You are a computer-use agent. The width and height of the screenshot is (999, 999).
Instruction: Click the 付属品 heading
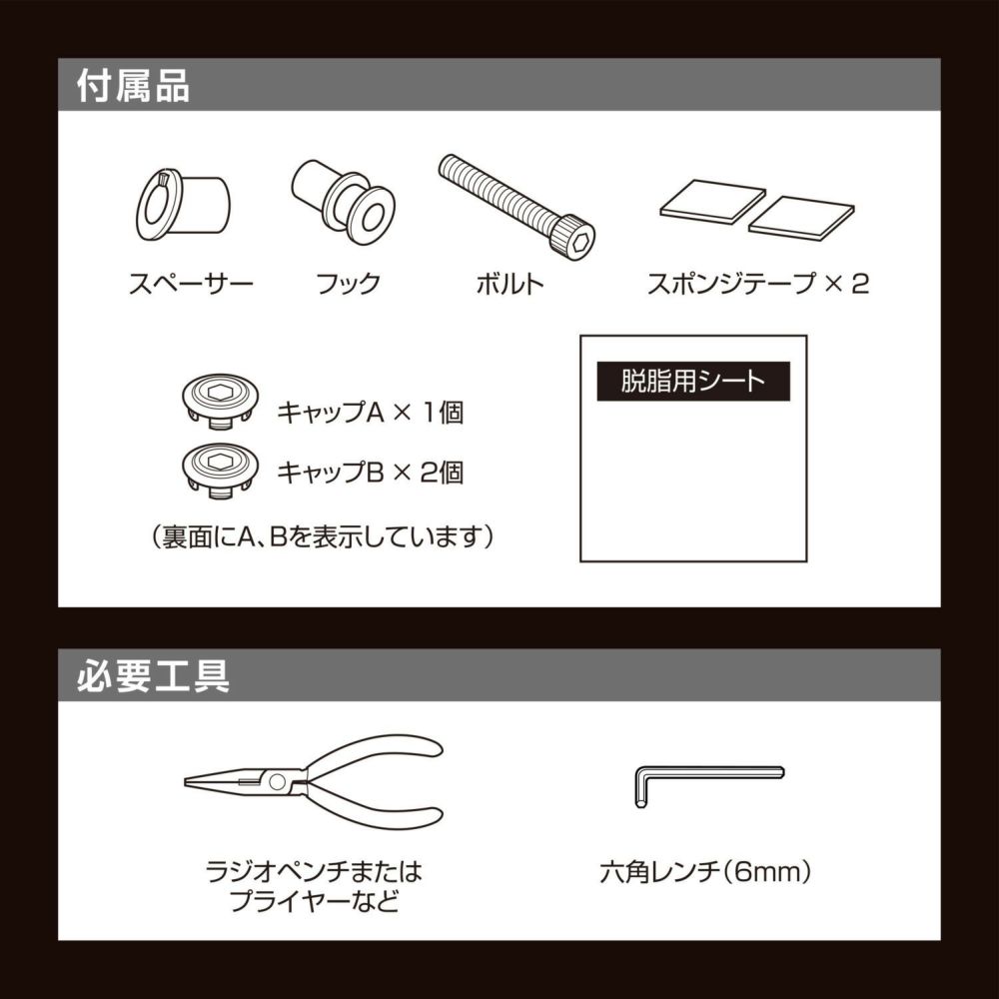tap(133, 86)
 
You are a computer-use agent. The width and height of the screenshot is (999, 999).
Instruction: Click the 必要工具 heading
tap(153, 676)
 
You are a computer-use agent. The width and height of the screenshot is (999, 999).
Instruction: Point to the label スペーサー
tap(191, 283)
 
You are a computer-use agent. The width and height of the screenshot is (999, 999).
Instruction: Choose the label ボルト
tap(509, 283)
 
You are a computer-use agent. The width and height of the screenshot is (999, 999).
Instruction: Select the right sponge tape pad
tap(801, 218)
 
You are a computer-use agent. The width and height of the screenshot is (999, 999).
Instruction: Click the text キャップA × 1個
tap(370, 412)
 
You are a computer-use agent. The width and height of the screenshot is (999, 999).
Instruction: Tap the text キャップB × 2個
tap(370, 472)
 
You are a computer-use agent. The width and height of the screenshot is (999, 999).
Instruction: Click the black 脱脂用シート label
tap(693, 382)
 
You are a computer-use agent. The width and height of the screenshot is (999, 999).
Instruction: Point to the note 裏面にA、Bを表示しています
tap(325, 536)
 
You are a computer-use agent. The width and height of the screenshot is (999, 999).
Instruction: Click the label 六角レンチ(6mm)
tap(705, 871)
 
